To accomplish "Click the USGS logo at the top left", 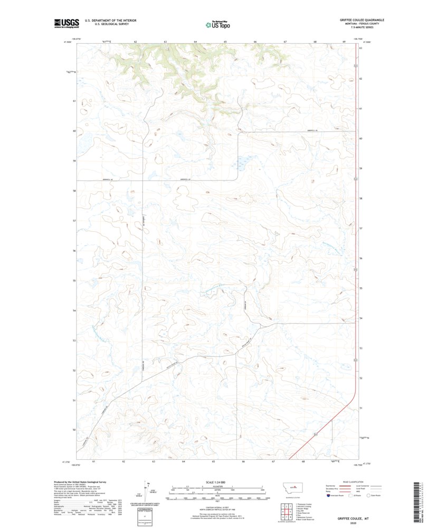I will (x=66, y=23).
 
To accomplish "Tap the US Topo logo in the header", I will (x=218, y=24).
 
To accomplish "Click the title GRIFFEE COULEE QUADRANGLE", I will (x=361, y=20).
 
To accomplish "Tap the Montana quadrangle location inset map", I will (x=292, y=489).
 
